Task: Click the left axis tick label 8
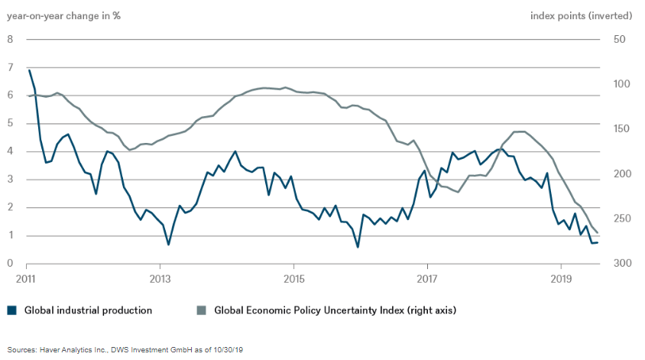coord(10,40)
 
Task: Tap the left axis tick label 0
coord(10,264)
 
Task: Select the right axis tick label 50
coord(619,40)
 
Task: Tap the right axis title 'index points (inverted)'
coord(581,15)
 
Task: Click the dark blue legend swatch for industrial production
coord(11,310)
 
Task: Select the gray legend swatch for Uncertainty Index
coord(202,310)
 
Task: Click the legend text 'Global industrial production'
coord(88,310)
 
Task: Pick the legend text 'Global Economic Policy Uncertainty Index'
coord(313,310)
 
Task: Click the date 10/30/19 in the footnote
coord(227,349)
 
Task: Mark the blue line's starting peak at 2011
coord(29,70)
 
